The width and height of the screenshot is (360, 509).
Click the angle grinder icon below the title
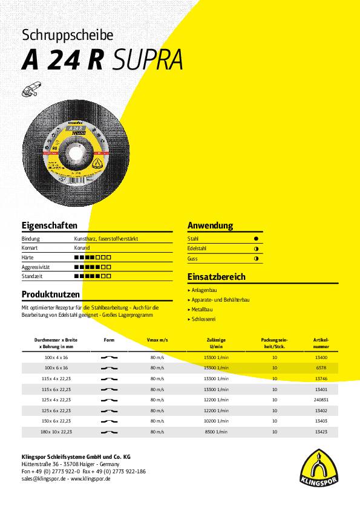click(x=30, y=89)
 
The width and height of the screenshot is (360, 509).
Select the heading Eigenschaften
click(x=49, y=225)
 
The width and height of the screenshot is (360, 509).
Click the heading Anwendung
click(x=210, y=225)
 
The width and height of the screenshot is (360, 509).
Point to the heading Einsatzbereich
click(x=216, y=277)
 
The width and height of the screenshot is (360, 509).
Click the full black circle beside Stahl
click(x=256, y=239)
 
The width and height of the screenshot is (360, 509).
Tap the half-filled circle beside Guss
click(x=256, y=259)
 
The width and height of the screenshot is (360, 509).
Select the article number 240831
click(x=321, y=400)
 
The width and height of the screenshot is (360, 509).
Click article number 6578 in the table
click(x=321, y=368)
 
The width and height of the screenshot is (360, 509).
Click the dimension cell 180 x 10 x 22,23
click(x=53, y=432)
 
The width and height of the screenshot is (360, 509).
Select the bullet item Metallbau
click(x=202, y=309)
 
